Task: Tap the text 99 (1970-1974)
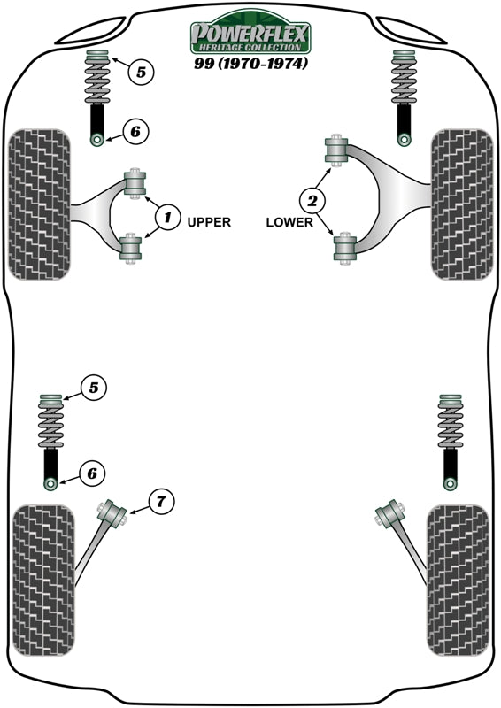[x=250, y=65]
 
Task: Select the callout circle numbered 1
[x=167, y=215]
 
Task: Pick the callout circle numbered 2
[x=313, y=199]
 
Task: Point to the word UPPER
[x=209, y=222]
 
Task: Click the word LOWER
[x=289, y=222]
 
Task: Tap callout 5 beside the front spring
[x=141, y=72]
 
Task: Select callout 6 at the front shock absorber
[x=134, y=133]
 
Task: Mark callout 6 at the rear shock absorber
[x=90, y=473]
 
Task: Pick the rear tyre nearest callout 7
[x=42, y=580]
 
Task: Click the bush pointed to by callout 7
[x=112, y=513]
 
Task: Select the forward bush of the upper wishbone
[x=135, y=183]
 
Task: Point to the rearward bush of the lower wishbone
[x=344, y=248]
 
